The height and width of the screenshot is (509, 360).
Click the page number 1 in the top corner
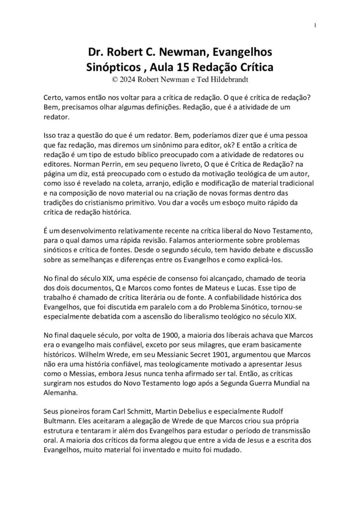[x=316, y=26]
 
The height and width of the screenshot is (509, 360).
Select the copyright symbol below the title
[x=116, y=78]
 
